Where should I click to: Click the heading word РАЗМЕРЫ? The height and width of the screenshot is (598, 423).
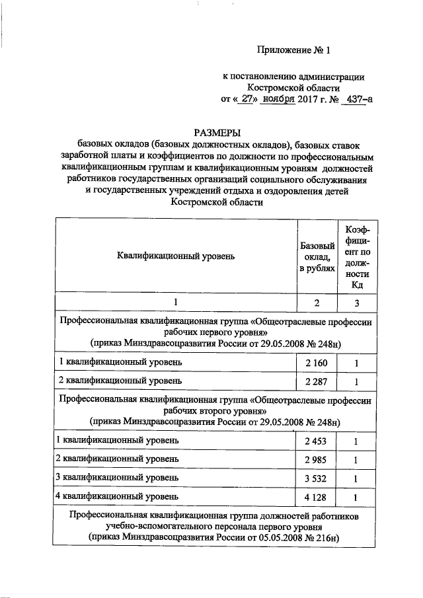click(x=215, y=133)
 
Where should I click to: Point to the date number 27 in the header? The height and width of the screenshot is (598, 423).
click(x=245, y=99)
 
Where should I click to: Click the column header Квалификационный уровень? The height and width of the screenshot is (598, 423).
click(x=175, y=255)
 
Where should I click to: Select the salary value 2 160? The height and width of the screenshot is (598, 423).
click(x=317, y=363)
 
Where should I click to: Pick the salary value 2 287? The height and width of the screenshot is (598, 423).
click(x=317, y=381)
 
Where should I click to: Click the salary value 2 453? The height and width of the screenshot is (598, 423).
click(x=317, y=440)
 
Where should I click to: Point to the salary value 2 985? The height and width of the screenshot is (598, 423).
click(x=317, y=459)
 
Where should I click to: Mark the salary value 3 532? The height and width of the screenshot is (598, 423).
click(x=317, y=478)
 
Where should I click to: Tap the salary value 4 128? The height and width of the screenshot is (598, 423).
click(x=317, y=497)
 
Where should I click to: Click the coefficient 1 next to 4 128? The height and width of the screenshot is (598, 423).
click(x=356, y=497)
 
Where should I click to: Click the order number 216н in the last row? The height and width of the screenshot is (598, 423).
click(x=326, y=538)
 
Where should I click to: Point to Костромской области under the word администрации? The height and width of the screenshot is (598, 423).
click(x=293, y=87)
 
